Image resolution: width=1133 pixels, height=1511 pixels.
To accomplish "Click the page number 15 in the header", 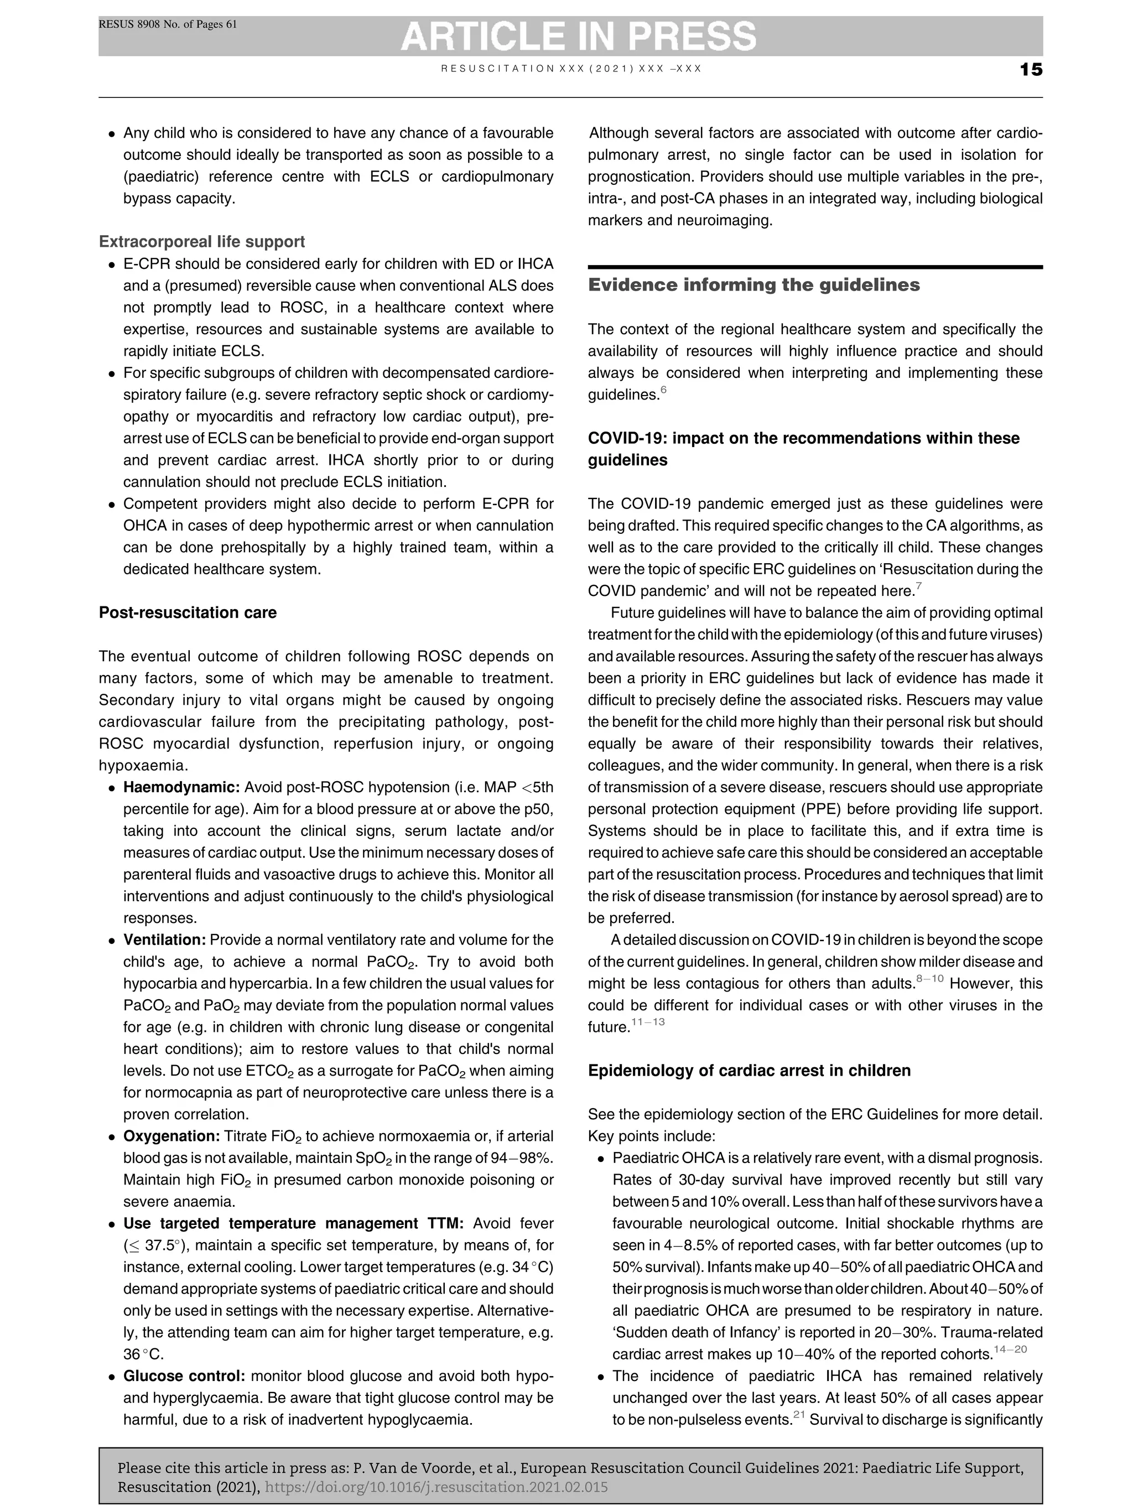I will [1031, 70].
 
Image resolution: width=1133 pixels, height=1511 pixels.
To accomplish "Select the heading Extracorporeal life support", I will [201, 242].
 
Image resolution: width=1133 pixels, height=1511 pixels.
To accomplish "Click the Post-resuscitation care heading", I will [188, 612].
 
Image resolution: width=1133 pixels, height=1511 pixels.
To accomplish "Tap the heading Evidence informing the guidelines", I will [753, 285].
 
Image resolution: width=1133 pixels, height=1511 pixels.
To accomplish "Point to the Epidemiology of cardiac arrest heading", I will [749, 1071].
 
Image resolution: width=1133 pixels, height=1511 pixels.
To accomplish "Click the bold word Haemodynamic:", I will [181, 788].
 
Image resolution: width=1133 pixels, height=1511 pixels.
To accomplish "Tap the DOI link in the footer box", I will [436, 1487].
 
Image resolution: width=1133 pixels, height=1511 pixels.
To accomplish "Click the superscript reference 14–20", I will [1010, 1349].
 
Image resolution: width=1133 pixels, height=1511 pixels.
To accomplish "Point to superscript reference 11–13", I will [648, 1022].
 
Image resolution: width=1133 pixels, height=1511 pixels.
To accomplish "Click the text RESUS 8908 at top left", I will [130, 24].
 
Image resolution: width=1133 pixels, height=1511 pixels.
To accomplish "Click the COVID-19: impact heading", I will [803, 439].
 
